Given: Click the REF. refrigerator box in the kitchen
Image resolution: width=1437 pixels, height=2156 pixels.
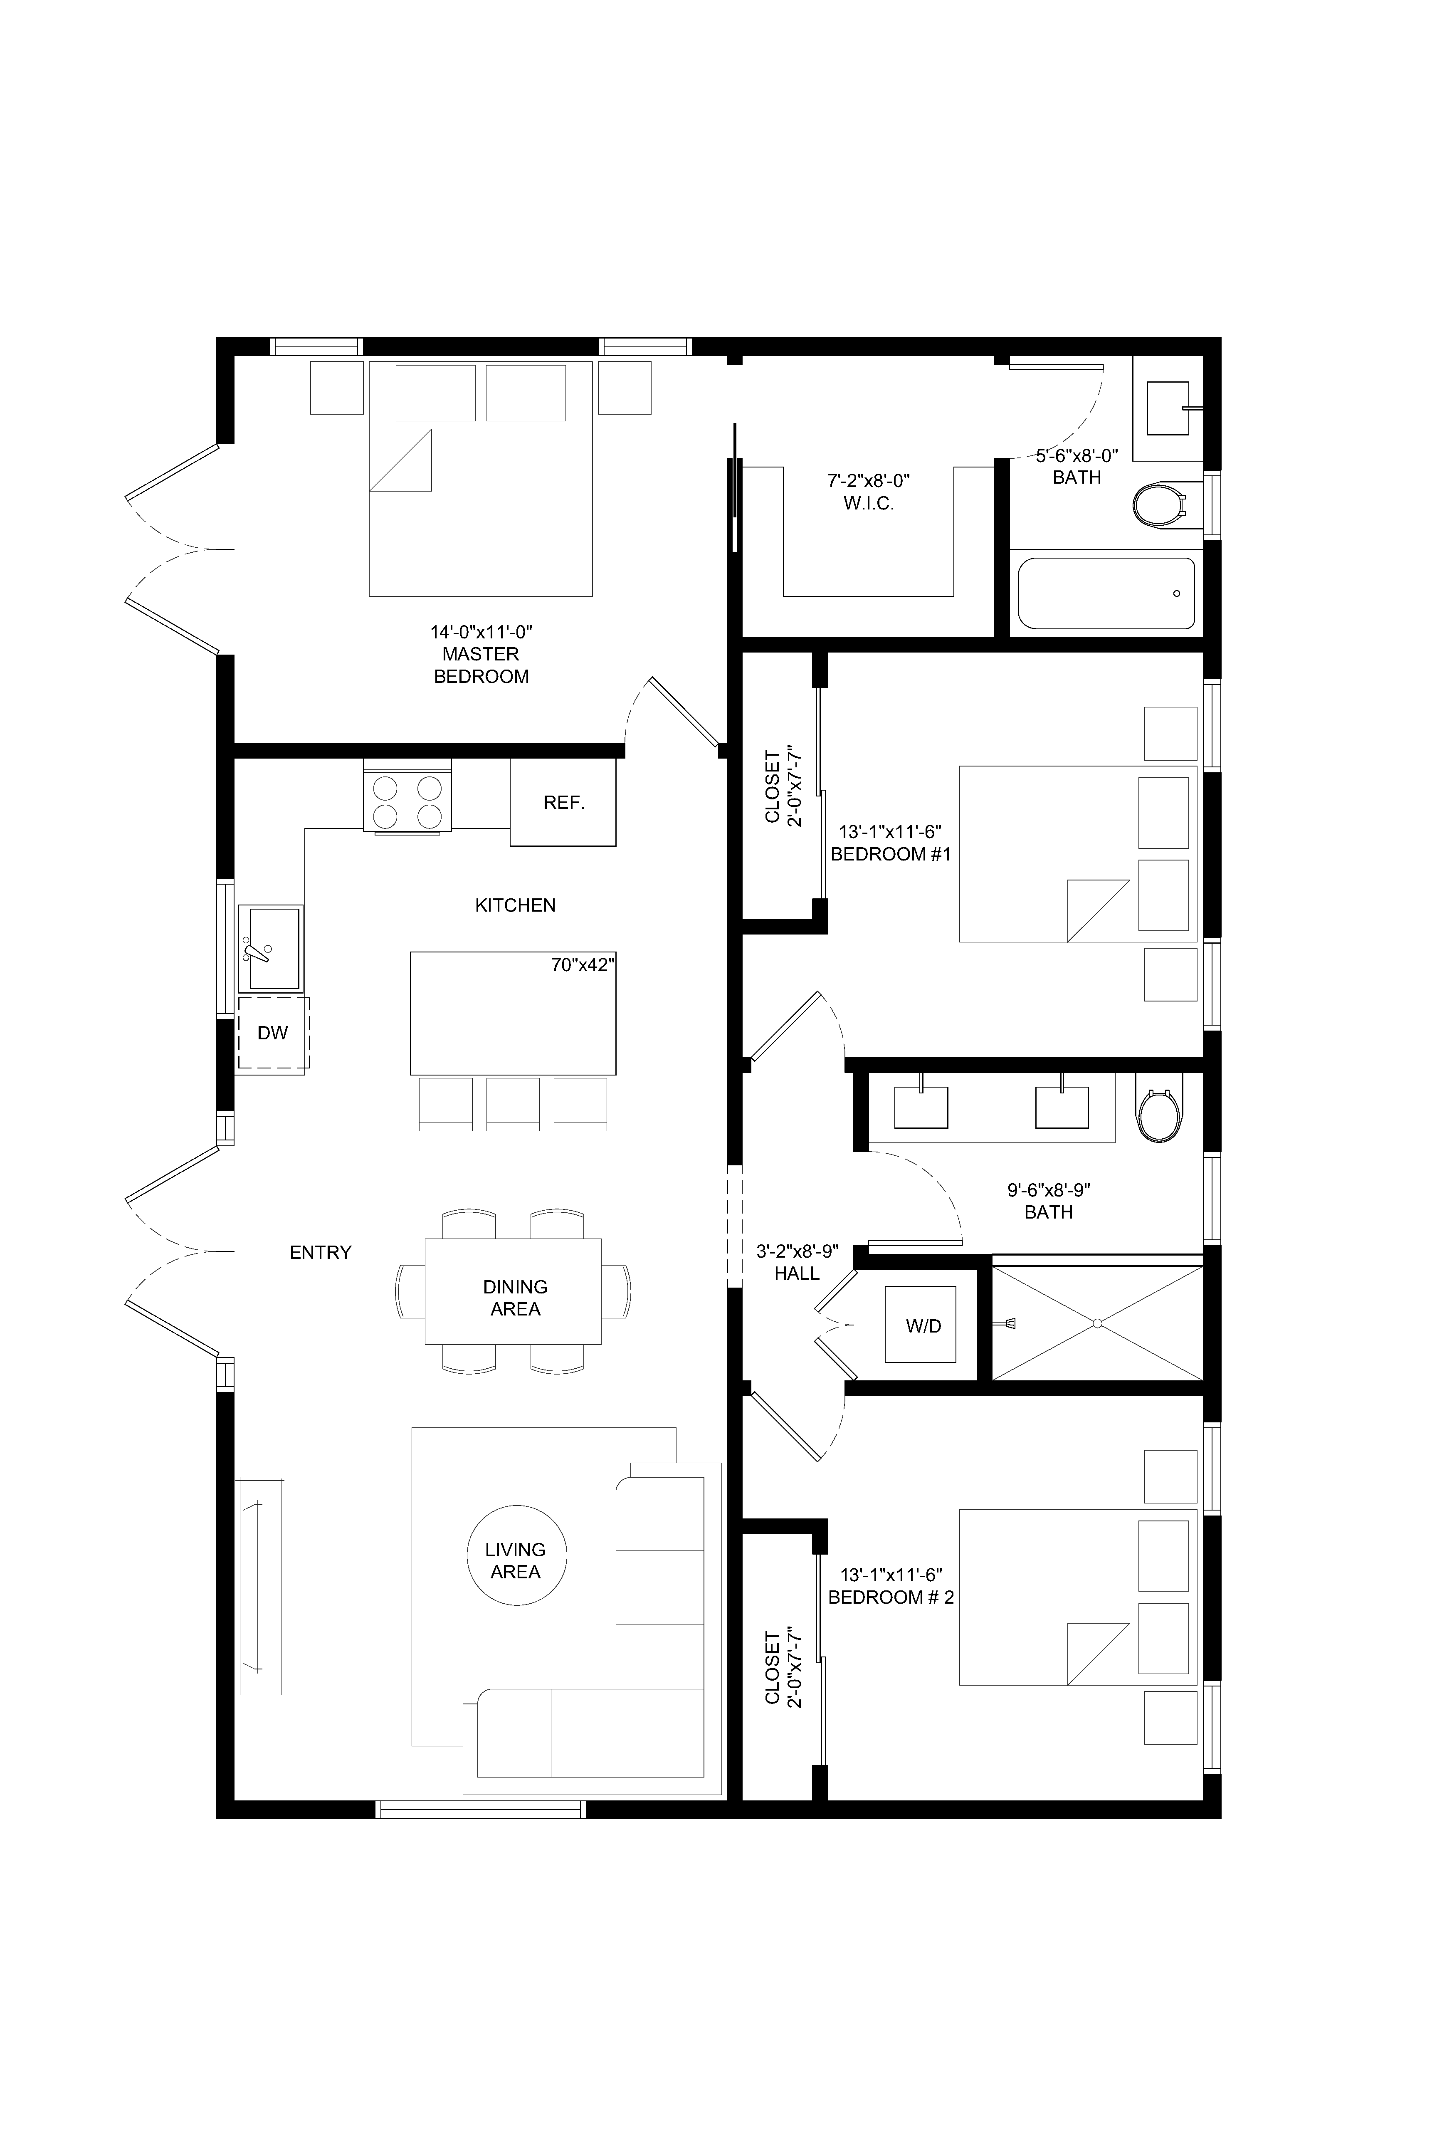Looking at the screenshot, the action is coord(563,802).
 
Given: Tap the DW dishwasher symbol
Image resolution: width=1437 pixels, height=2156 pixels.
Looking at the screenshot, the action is coord(273,1033).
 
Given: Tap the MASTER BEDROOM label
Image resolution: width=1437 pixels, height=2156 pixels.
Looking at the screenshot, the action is coord(481,665).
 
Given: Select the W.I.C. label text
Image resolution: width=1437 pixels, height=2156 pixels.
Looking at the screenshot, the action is coord(869,503).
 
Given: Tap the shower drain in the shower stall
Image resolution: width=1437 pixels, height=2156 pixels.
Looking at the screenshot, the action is coord(1097,1323).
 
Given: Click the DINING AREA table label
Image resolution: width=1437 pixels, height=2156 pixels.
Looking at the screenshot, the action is coord(515,1298).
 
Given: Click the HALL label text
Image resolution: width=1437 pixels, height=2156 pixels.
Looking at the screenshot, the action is coord(796,1273).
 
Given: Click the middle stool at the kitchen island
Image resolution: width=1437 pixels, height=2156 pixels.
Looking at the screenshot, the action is coord(513,1104).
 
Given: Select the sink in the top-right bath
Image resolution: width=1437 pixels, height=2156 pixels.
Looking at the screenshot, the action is coord(1167,408).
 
